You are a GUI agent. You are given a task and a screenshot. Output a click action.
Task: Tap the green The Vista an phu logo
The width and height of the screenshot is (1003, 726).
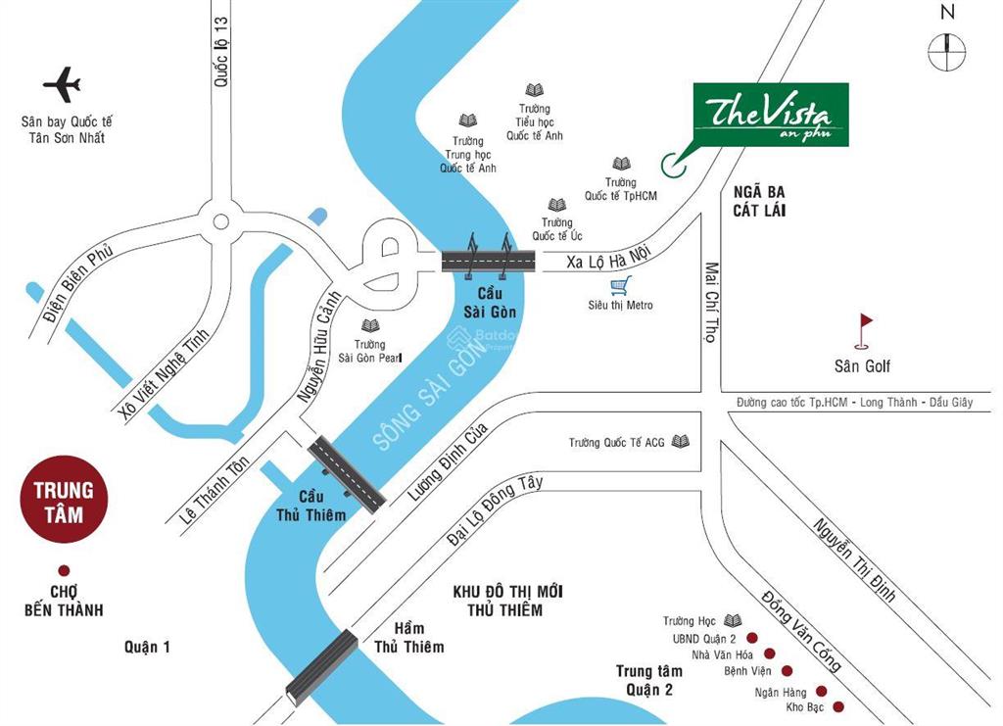pos(770,115)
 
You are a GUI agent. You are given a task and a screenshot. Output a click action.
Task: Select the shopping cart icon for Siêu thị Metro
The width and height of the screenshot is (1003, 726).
pos(618,286)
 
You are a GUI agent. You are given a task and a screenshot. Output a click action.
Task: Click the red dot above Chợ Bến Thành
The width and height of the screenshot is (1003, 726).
pos(64,570)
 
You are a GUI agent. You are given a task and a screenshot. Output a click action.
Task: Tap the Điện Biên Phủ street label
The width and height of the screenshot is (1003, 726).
pos(78,283)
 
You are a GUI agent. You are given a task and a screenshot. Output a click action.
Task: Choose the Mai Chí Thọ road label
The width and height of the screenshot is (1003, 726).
pos(711,301)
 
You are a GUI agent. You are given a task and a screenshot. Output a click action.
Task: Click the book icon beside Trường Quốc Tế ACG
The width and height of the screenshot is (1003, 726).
pos(681,442)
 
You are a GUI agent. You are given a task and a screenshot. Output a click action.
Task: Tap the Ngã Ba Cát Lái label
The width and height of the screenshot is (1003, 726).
pos(759,201)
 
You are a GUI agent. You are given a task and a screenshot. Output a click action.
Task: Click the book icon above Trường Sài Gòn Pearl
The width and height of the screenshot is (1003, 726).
pos(369,325)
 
